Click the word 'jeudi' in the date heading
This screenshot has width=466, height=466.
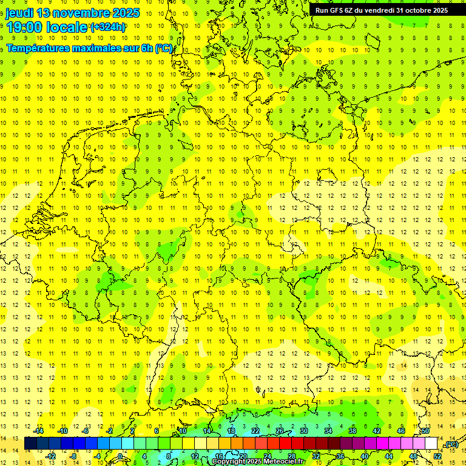pos(19,13)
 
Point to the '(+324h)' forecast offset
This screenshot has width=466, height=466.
pos(108,27)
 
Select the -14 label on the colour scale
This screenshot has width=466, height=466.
pos(39,431)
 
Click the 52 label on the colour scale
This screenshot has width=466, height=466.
pos(437,456)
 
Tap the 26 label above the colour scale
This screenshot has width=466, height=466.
pos(280,431)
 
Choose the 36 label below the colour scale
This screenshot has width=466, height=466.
pos(340,456)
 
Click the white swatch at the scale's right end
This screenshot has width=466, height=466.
pos(431,443)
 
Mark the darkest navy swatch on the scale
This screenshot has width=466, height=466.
pos(30,443)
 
